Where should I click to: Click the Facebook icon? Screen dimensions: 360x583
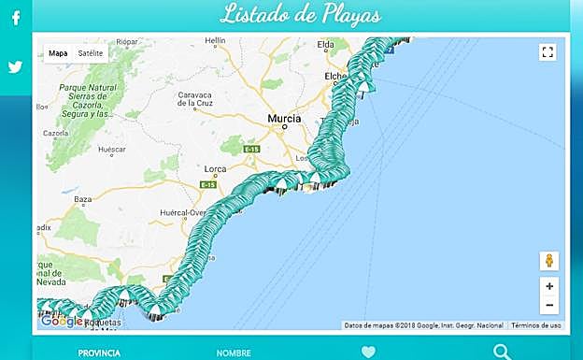pyautogui.click(x=16, y=18)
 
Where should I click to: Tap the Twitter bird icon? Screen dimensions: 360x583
pyautogui.click(x=16, y=67)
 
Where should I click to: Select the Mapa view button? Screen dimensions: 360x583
pyautogui.click(x=58, y=53)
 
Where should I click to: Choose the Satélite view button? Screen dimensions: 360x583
pyautogui.click(x=91, y=53)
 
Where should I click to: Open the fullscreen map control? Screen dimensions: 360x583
pyautogui.click(x=547, y=52)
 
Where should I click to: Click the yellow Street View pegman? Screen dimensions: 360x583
pyautogui.click(x=548, y=260)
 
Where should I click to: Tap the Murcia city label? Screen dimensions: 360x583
pyautogui.click(x=284, y=120)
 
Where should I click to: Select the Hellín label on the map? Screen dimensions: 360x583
pyautogui.click(x=216, y=41)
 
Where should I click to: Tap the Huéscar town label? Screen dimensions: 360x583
pyautogui.click(x=111, y=150)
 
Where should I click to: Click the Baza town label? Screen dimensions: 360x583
pyautogui.click(x=83, y=199)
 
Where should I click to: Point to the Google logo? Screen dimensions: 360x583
pyautogui.click(x=62, y=321)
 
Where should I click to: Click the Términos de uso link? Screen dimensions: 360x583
pyautogui.click(x=536, y=325)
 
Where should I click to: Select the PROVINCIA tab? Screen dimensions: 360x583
pyautogui.click(x=99, y=353)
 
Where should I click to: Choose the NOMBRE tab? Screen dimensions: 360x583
pyautogui.click(x=234, y=353)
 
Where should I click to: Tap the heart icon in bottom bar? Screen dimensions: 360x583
pyautogui.click(x=368, y=353)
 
